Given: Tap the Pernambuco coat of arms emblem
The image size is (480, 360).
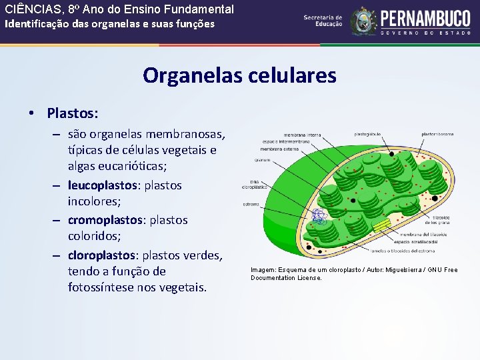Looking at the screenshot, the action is coord(364,22).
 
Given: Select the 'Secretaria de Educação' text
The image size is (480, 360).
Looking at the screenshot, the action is coord(323,21).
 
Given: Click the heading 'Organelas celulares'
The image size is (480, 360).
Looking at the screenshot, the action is coord(239,75).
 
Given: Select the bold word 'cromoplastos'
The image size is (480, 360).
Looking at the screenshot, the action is coord(103,219).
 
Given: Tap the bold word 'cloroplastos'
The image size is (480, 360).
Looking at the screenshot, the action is coord(102,255).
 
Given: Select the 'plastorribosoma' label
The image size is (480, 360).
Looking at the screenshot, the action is coord(437,134).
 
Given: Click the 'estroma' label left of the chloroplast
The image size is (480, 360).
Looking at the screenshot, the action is coord(251,204).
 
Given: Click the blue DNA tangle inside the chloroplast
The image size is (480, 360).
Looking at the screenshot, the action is coord(318,216).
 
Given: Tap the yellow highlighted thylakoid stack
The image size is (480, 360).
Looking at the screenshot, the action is coord(381,225).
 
